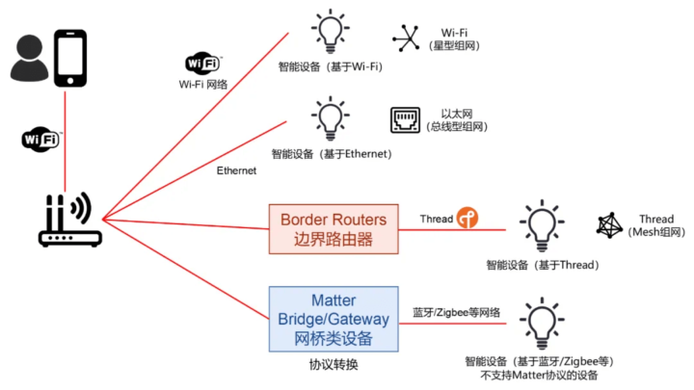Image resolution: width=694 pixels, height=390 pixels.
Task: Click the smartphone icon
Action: pos(70,58)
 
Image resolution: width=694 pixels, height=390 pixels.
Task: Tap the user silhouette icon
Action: pos(29,58)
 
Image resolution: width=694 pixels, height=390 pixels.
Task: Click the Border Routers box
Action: pos(334,229)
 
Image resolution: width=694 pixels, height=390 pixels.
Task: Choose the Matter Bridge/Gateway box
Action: pos(334,320)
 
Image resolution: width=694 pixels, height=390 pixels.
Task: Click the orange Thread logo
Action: pos(467,218)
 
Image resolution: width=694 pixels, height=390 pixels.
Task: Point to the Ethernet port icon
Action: pos(405,119)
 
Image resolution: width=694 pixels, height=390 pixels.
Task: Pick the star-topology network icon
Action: pos(406,39)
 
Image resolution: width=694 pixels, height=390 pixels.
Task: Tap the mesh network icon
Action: pos(609,225)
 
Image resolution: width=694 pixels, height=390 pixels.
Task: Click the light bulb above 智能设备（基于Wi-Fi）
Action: pos(331,31)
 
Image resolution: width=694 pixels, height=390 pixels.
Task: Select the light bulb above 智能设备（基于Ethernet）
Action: pos(331,118)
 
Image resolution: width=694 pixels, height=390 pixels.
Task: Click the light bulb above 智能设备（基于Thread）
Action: pos(542,225)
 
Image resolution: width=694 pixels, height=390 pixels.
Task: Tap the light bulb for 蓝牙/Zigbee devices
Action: pos(542,324)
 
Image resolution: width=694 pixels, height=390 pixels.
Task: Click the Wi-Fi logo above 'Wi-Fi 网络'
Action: pos(203,63)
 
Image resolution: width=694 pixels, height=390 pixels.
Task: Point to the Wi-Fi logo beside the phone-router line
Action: pos(41,140)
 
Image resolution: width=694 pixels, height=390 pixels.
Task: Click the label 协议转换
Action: pos(334,365)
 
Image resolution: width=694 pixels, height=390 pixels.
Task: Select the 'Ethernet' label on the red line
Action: pos(236,170)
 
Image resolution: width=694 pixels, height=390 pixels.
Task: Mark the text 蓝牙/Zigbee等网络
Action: pos(456,313)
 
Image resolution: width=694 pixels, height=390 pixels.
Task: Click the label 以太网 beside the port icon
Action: pos(457,114)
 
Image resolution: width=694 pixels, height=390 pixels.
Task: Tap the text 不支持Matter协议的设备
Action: pos(539,376)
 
